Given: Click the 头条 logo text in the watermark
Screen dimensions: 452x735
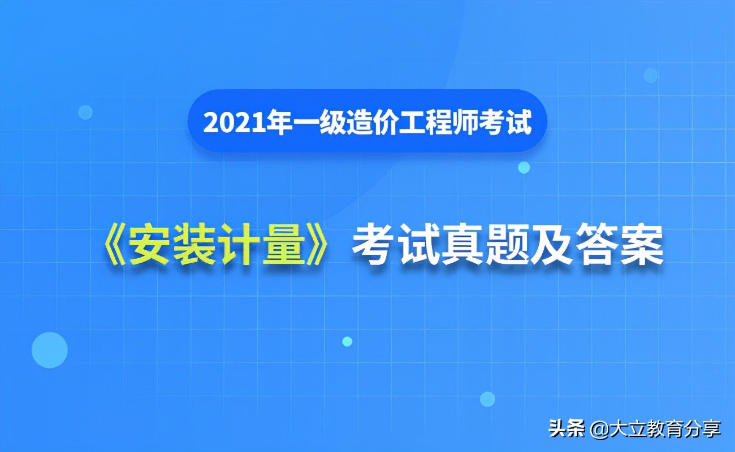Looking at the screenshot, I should (x=567, y=429).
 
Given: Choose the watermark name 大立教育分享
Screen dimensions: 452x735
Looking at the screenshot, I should (x=664, y=429).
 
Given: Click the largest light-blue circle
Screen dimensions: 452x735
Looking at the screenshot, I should (x=50, y=350).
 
